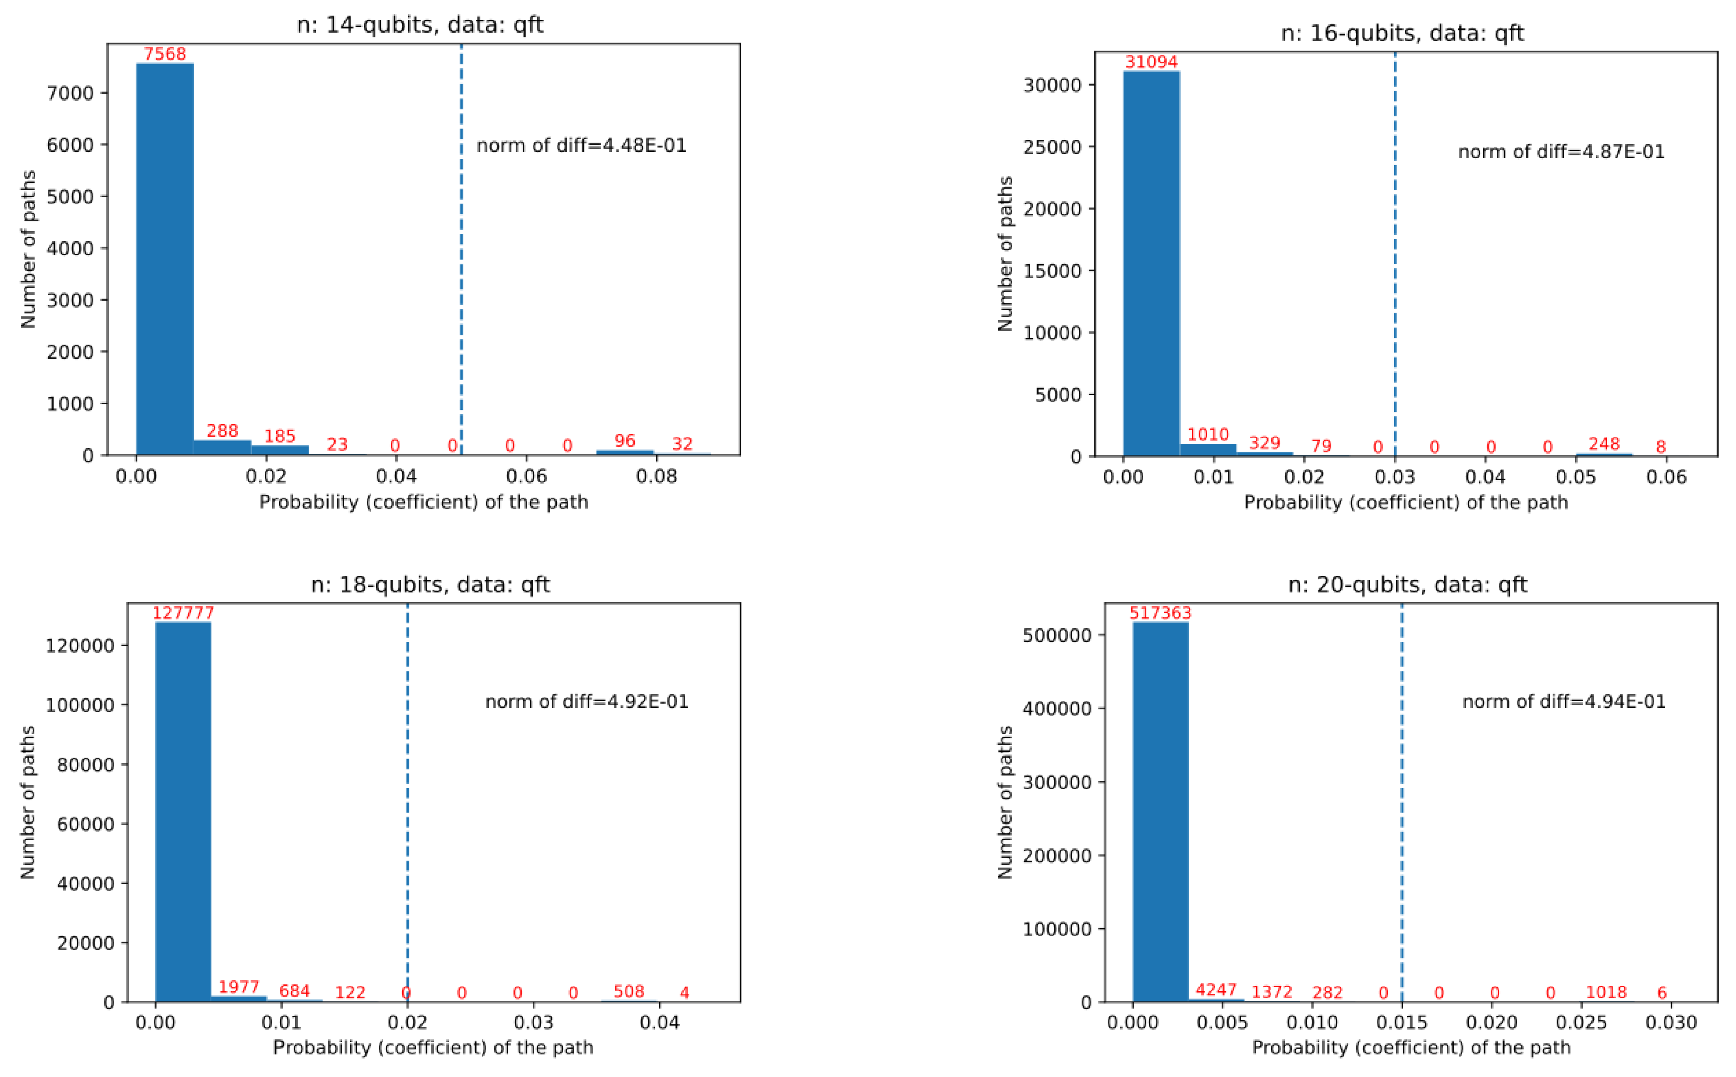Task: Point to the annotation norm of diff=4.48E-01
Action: click(x=581, y=146)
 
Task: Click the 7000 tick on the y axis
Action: click(x=70, y=93)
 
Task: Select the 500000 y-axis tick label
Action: click(x=1057, y=636)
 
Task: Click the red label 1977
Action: click(x=239, y=986)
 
